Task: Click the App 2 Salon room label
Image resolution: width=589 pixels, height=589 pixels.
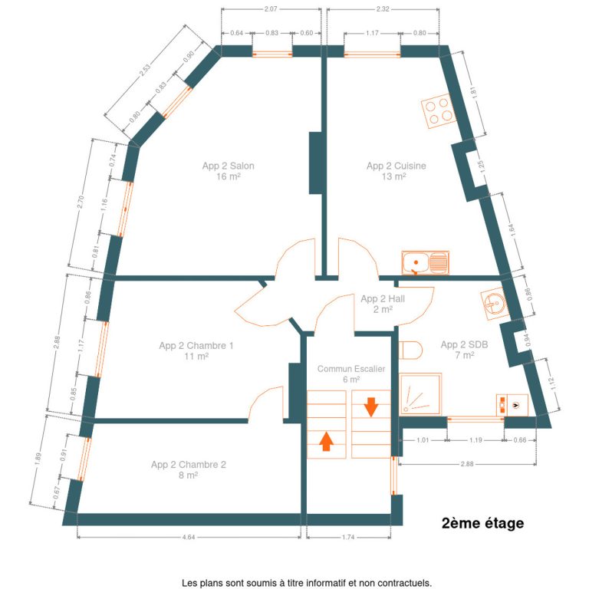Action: pos(228,171)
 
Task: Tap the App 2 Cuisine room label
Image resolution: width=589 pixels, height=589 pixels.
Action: pos(396,171)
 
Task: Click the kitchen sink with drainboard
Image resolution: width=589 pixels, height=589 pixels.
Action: pos(425,262)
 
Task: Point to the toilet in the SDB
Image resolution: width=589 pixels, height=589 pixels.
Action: pos(410,350)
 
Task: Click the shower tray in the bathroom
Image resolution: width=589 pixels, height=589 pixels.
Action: pos(420,394)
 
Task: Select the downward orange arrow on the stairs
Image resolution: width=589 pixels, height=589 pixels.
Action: pos(370,406)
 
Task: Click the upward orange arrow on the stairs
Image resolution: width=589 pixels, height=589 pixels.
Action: pos(326,442)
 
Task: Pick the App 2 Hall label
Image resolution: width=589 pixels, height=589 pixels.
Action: pos(383,304)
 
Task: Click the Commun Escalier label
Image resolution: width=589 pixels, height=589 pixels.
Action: pos(350,373)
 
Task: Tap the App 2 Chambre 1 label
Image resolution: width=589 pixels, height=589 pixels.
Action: pos(196,350)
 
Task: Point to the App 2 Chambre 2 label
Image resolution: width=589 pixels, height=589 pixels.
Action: pos(189,469)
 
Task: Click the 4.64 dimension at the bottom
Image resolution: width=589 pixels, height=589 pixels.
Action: pos(189,537)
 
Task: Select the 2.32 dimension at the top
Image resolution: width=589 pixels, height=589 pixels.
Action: pos(383,9)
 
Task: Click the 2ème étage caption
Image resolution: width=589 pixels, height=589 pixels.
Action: pos(482,523)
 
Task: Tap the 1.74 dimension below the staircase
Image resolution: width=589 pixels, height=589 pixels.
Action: pos(348,537)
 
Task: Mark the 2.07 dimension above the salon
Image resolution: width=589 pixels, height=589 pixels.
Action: pos(271,9)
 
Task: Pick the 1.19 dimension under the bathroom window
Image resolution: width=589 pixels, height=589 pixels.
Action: pos(475,440)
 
